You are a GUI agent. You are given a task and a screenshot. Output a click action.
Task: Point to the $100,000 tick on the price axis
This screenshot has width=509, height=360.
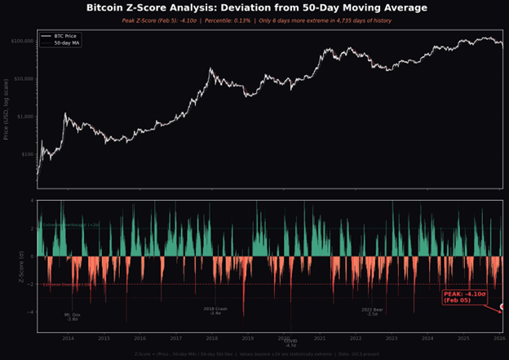21,40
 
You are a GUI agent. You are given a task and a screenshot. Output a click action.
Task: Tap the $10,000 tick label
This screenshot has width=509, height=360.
22,78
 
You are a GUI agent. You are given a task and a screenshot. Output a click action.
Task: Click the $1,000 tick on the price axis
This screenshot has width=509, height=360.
24,116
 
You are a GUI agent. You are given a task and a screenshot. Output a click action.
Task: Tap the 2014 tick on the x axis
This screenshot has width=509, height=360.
68,338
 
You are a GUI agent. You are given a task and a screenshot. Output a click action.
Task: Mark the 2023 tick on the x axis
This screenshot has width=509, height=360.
392,338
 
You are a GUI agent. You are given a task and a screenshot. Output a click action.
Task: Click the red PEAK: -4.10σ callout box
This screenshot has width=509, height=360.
462,297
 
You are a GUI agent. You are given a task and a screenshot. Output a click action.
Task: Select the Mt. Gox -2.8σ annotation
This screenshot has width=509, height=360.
73,317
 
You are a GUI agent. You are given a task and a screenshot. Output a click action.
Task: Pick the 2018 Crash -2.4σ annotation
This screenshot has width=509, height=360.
215,310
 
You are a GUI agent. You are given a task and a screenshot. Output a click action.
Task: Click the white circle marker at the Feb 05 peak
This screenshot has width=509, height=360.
503,307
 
